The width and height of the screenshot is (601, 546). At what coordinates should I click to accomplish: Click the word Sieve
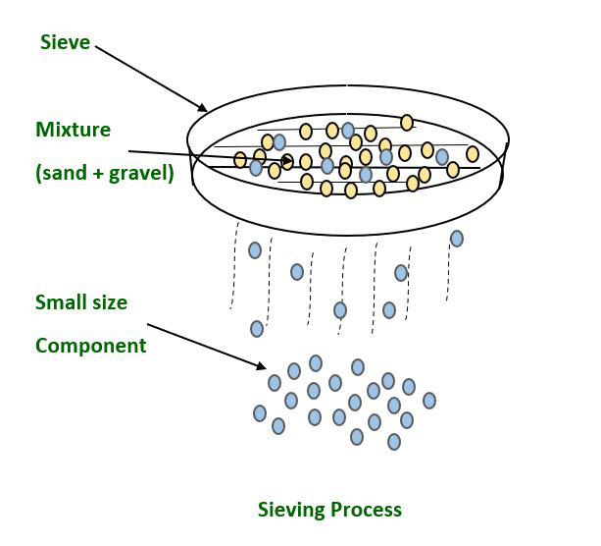point(66,42)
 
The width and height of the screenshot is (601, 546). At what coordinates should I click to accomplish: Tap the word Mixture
point(74,130)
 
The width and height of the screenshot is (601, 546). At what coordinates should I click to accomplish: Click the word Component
point(91,346)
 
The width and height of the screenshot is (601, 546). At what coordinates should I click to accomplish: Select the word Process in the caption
point(366,510)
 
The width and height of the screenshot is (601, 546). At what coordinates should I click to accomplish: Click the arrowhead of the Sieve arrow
point(202,108)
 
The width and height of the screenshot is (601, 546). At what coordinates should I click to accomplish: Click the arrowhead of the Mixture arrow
point(288,161)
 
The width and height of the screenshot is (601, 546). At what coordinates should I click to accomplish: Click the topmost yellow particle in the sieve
point(407,122)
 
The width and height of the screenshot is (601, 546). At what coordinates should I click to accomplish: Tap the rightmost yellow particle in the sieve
point(473,153)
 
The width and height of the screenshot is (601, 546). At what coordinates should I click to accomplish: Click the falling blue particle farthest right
point(456,238)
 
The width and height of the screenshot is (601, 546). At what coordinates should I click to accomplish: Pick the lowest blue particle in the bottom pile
point(394,442)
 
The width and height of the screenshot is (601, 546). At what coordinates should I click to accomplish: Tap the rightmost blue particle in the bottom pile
point(428,400)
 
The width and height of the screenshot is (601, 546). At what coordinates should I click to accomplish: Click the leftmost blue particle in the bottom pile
point(260,413)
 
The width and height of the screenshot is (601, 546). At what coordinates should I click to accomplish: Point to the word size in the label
point(109,302)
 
